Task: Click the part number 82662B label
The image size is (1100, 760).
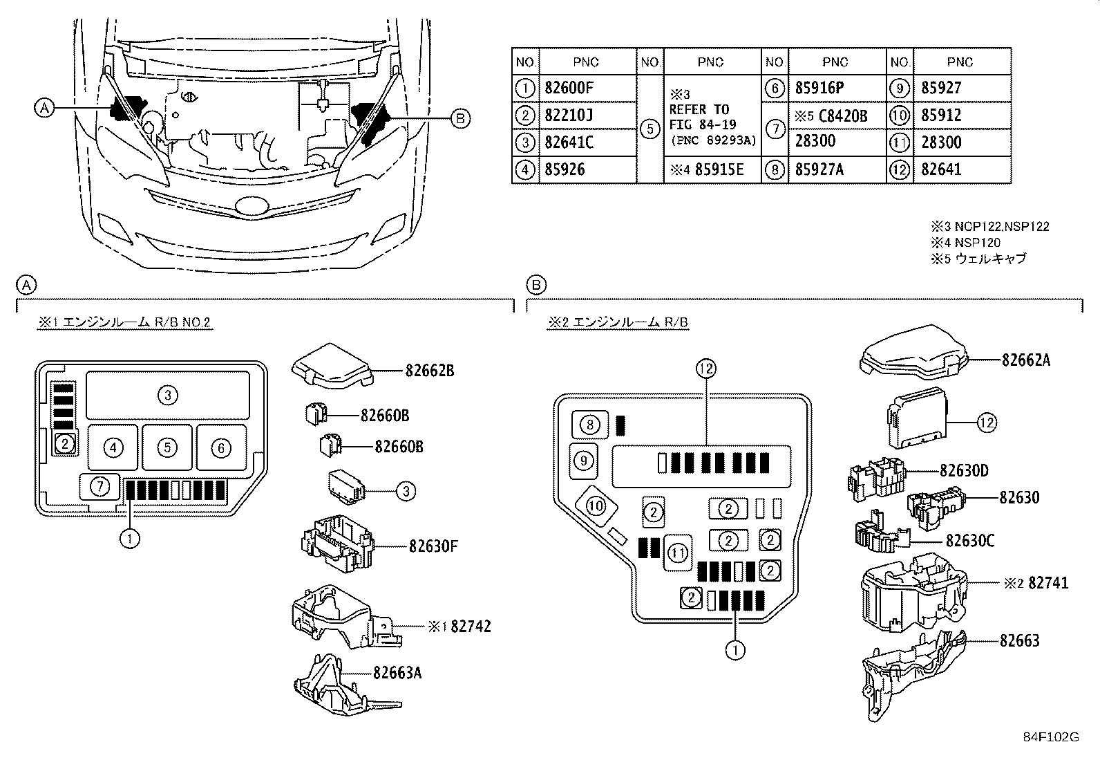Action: coord(429,371)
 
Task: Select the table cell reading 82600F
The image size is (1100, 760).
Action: coord(569,88)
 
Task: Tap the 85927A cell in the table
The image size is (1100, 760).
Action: coord(819,169)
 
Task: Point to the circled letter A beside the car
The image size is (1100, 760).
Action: coord(43,107)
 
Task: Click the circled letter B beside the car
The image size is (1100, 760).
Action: coord(460,119)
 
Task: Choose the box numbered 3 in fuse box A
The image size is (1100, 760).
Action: coord(167,395)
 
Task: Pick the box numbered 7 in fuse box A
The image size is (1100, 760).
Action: coord(100,486)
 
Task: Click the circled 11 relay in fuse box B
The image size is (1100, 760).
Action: coord(678,553)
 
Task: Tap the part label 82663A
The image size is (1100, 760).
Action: coord(397,671)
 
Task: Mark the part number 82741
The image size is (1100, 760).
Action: coord(1048,583)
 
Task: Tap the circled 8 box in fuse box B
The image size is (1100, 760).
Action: coord(589,424)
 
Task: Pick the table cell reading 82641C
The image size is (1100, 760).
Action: coord(569,142)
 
